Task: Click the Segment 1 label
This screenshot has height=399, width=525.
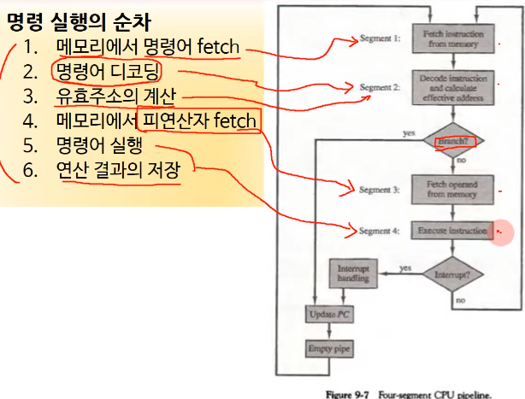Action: click(x=378, y=39)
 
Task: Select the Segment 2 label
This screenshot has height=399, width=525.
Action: click(x=378, y=88)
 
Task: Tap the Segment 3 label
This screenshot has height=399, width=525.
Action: click(x=378, y=190)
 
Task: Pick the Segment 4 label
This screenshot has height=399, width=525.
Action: click(x=378, y=231)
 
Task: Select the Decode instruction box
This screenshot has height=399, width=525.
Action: click(x=453, y=87)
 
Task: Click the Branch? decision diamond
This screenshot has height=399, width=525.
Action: click(x=453, y=140)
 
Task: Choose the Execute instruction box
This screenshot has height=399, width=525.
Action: click(x=453, y=231)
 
